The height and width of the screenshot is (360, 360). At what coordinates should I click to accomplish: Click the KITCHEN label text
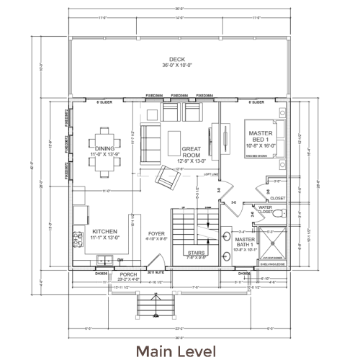(x=104, y=233)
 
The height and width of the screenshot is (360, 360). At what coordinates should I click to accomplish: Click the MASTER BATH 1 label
(x=245, y=242)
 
